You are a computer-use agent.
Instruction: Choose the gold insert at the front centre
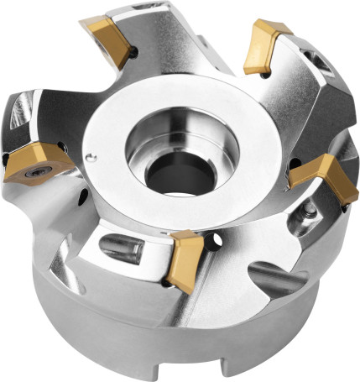click(x=185, y=258)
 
